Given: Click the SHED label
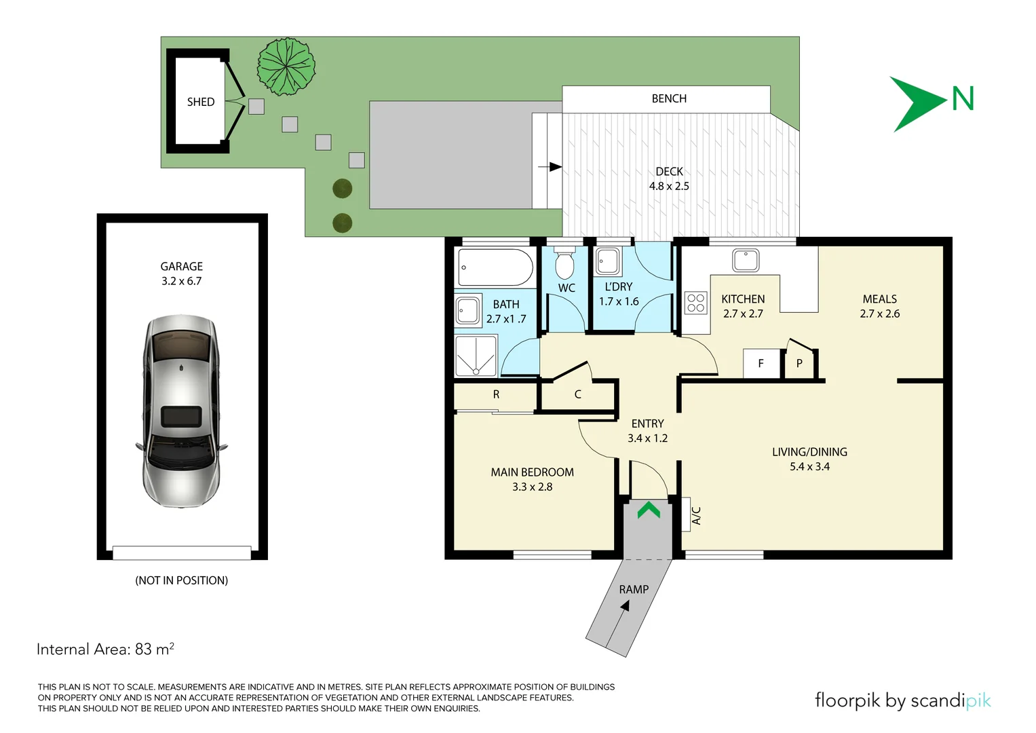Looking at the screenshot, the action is (x=201, y=102).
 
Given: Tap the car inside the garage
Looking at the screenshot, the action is (x=181, y=411).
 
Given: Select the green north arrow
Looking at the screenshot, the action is (x=918, y=104).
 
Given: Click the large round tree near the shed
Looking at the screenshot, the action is (x=286, y=67).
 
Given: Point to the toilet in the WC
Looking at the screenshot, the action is (x=564, y=263).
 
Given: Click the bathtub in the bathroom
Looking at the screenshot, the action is (x=495, y=267).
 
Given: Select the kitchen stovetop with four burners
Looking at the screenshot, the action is (x=695, y=303).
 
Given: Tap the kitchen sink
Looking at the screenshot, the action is (x=746, y=260).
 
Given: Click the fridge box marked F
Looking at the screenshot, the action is (x=761, y=364).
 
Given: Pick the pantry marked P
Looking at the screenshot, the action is (x=800, y=364).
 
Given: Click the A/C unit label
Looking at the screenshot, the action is (x=696, y=515).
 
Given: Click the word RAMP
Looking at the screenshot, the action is (x=634, y=590).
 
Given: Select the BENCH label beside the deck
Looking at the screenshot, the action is (x=669, y=98).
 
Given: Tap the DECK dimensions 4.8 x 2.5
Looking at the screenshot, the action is (x=669, y=186).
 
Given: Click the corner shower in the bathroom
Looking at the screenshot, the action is (x=476, y=356).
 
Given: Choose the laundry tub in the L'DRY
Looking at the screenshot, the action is (x=608, y=261).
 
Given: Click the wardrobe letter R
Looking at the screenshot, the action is (x=496, y=394).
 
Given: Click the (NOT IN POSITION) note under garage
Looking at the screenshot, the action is (x=181, y=580).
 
